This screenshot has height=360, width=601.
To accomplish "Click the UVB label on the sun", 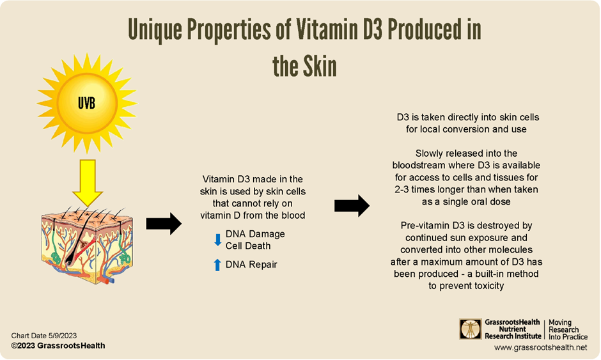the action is [x=86, y=103].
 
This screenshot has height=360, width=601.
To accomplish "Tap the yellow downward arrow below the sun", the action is [x=88, y=183].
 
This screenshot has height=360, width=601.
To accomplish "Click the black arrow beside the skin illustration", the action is [x=164, y=224].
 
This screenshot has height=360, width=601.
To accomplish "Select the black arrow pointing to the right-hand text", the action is [x=352, y=206].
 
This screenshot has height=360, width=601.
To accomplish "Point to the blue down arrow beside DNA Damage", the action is [x=218, y=240].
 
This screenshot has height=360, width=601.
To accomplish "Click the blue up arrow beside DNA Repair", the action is [x=217, y=265].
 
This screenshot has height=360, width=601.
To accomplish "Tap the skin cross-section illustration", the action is [x=88, y=246].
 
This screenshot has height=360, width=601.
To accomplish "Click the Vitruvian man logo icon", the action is [x=471, y=329].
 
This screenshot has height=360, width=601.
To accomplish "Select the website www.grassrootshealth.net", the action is [x=540, y=347].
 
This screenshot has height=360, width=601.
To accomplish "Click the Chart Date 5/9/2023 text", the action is [x=43, y=336].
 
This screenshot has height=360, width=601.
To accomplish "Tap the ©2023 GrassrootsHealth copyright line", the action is [x=58, y=346].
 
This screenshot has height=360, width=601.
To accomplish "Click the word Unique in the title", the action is [x=155, y=29].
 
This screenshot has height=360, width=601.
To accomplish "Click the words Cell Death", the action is [x=248, y=246].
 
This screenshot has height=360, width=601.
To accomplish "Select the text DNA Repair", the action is [x=251, y=265].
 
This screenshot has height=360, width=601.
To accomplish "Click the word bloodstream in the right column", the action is [x=414, y=165].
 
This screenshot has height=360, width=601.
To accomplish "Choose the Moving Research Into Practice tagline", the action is [x=568, y=330].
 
